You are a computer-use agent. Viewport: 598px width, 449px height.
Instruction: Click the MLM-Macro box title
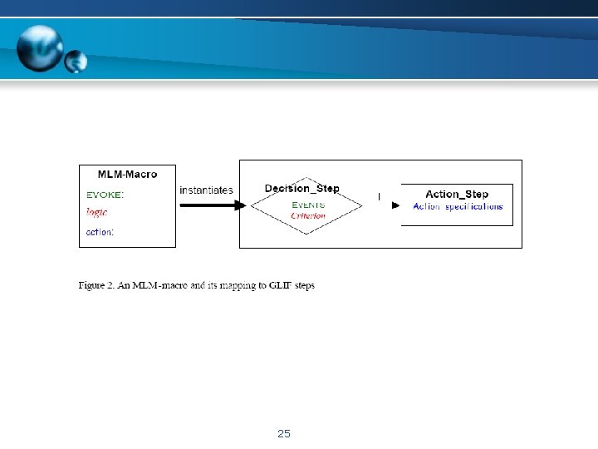pos(127,174)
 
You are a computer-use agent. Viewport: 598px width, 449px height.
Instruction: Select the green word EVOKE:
pos(105,194)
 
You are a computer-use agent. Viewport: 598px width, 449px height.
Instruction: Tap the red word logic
pos(97,213)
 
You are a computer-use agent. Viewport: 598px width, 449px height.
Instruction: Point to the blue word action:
pos(100,232)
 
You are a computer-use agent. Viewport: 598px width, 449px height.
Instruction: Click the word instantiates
pos(206,190)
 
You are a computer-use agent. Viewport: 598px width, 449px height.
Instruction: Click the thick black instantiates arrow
pos(212,205)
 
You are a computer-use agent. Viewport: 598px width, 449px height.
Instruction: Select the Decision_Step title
pos(301,189)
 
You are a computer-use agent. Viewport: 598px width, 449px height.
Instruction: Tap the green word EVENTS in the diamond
pos(308,205)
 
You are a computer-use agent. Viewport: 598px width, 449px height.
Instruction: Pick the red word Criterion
pos(308,215)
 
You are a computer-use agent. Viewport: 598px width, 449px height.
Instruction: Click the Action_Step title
pos(457,194)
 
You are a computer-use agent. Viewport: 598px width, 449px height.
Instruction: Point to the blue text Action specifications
pos(458,206)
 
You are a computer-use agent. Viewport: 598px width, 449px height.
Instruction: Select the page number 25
pos(284,434)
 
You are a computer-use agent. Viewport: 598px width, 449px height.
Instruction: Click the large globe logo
pos(39,48)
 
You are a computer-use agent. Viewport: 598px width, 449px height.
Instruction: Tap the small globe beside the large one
pos(76,60)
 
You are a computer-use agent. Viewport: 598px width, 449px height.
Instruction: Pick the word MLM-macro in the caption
pos(161,286)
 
